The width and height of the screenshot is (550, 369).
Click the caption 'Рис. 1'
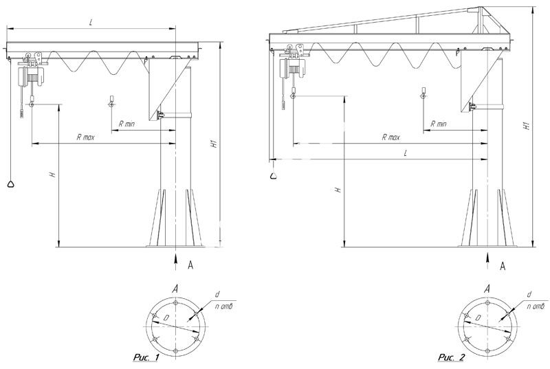coord(146,357)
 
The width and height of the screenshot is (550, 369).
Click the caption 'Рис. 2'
coord(452,357)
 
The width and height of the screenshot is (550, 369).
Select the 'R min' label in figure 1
coord(126,124)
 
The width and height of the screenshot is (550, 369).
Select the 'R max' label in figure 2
coord(390,137)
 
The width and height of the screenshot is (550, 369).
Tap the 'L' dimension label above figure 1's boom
coord(91,23)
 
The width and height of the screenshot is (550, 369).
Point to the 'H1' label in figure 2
coord(526,126)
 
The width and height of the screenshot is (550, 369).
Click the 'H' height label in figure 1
coord(53,174)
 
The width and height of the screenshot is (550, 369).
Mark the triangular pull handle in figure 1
coord(11,184)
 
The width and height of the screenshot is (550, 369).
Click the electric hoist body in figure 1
coord(31,76)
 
